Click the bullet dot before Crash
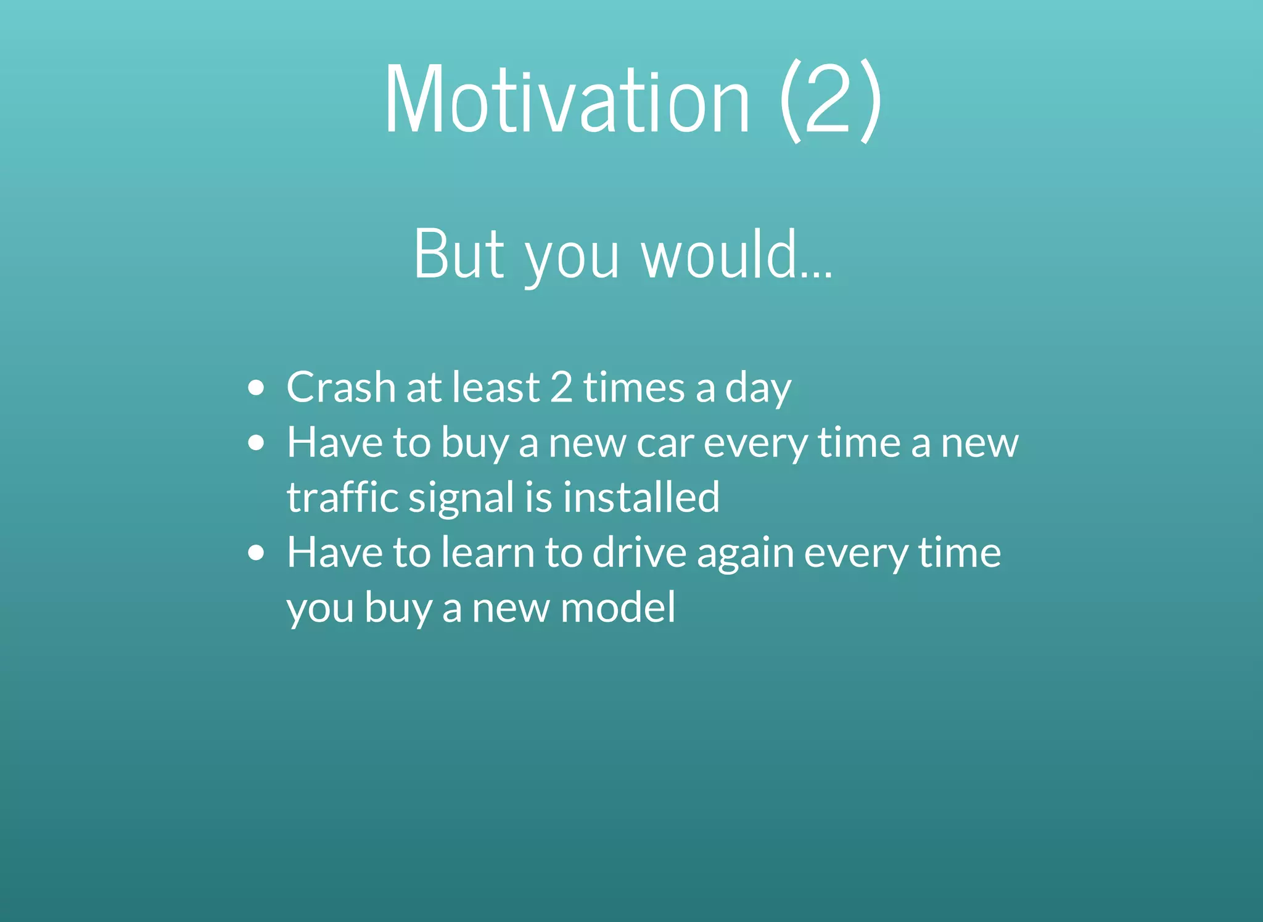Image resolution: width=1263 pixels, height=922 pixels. coord(256,388)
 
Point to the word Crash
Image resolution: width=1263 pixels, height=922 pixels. coord(341,387)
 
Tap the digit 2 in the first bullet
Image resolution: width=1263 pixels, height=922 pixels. coord(561,387)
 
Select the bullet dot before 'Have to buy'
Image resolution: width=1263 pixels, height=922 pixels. coord(256,443)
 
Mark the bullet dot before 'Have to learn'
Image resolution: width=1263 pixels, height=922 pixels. coord(256,553)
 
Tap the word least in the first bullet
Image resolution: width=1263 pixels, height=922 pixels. coord(496,387)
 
